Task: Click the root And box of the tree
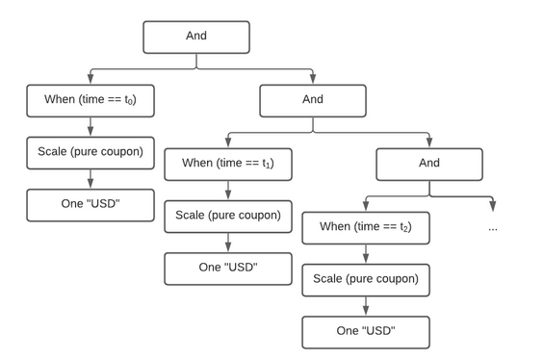pyautogui.click(x=196, y=37)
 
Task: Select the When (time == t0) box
pyautogui.click(x=90, y=100)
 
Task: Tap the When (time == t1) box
pyautogui.click(x=227, y=164)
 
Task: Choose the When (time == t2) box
pyautogui.click(x=366, y=227)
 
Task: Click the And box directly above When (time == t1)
pyautogui.click(x=313, y=100)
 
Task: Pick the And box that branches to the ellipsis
pyautogui.click(x=429, y=164)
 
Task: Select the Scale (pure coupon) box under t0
pyautogui.click(x=90, y=152)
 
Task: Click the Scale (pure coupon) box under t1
pyautogui.click(x=227, y=216)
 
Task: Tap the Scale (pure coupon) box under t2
pyautogui.click(x=366, y=279)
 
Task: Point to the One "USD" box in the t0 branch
pyautogui.click(x=90, y=204)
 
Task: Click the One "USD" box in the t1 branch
pyautogui.click(x=227, y=268)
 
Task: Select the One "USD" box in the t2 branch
pyautogui.click(x=366, y=331)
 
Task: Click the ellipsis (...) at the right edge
pyautogui.click(x=493, y=228)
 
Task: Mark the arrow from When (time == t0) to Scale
pyautogui.click(x=90, y=126)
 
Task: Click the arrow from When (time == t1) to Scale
pyautogui.click(x=227, y=190)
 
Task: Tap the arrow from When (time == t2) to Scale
pyautogui.click(x=366, y=253)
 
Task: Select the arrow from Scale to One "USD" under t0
pyautogui.click(x=90, y=178)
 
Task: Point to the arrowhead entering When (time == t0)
pyautogui.click(x=90, y=79)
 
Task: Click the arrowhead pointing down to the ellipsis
pyautogui.click(x=493, y=206)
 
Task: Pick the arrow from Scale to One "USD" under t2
pyautogui.click(x=366, y=305)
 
